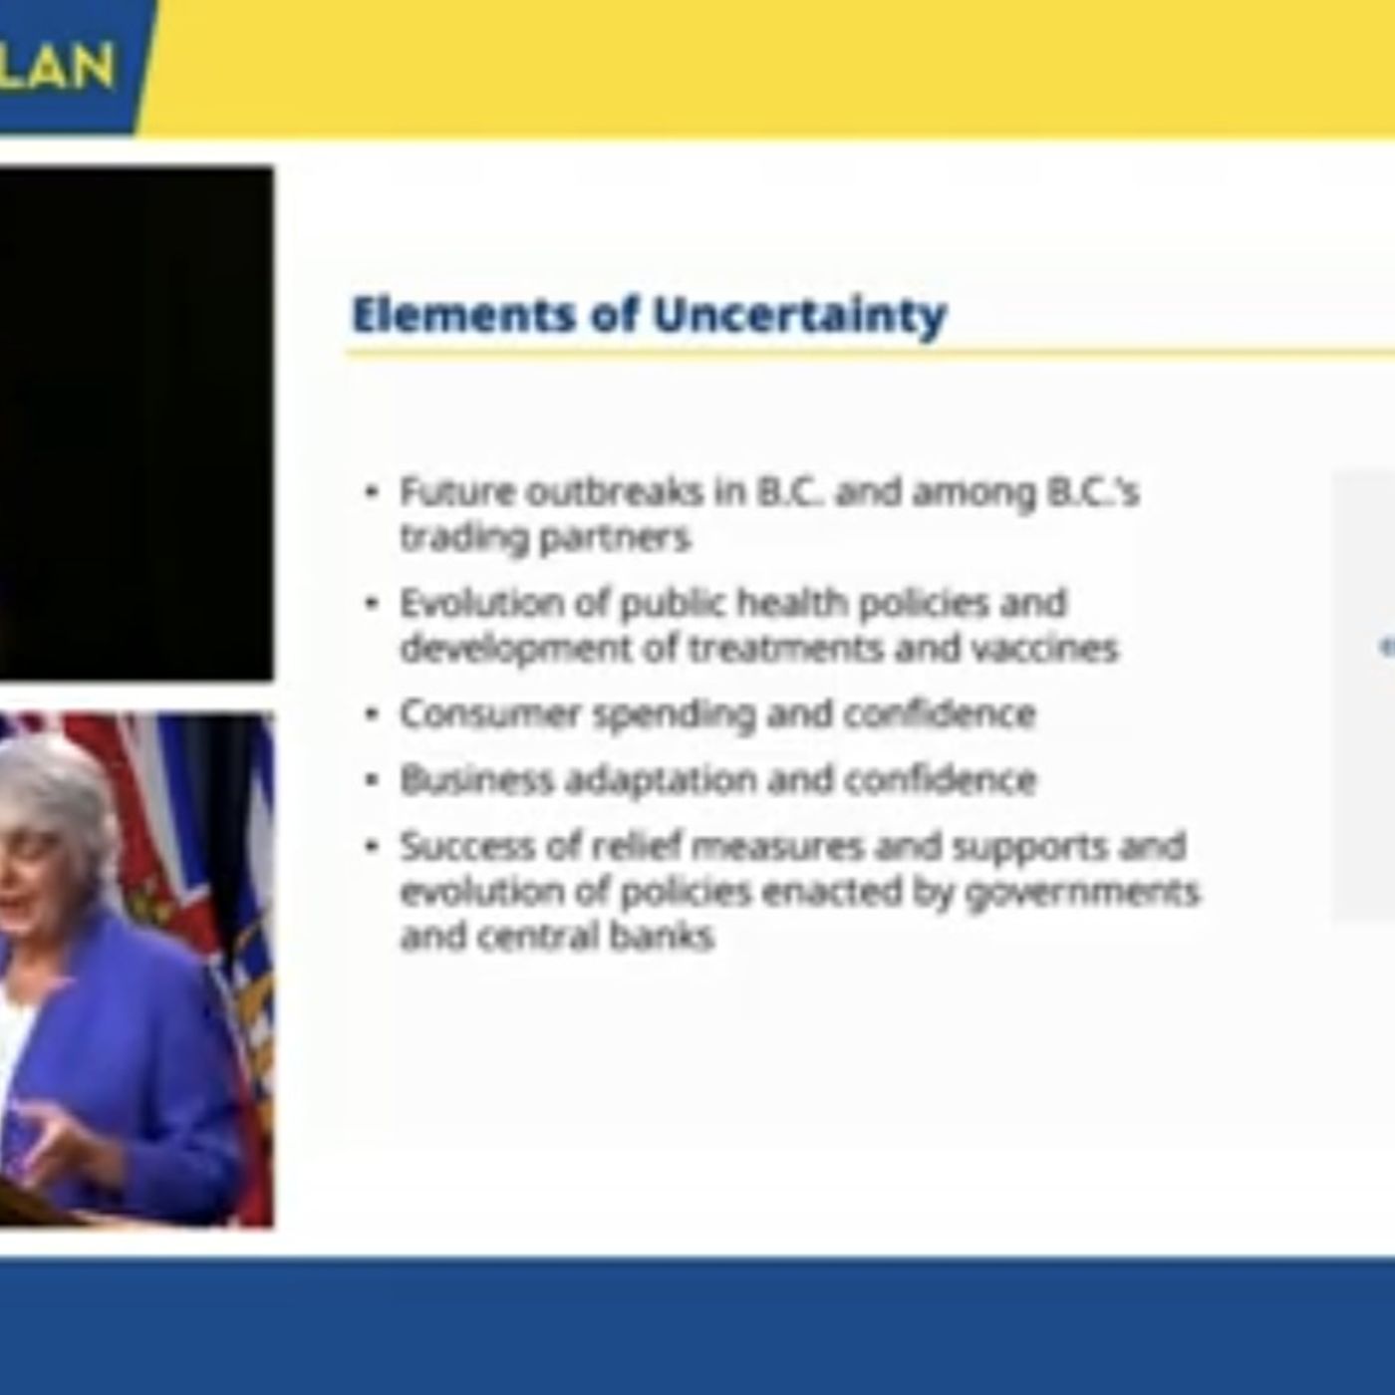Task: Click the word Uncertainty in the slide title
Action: [799, 316]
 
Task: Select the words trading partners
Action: [545, 537]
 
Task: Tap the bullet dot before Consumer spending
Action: [372, 714]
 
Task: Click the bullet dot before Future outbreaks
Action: [372, 492]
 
